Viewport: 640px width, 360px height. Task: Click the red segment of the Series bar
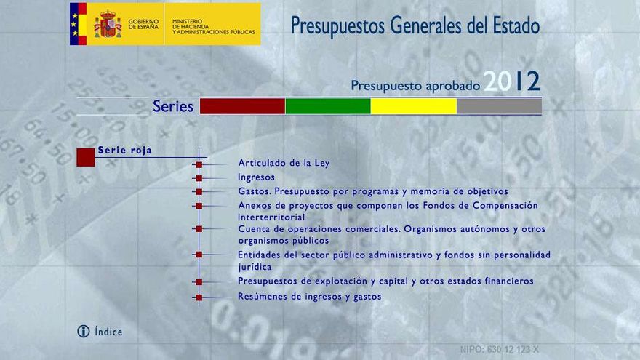[242, 106]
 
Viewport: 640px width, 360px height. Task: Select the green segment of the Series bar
[328, 106]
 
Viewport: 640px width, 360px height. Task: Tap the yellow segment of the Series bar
[414, 106]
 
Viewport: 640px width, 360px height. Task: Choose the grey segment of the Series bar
[499, 106]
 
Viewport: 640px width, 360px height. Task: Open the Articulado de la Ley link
[284, 163]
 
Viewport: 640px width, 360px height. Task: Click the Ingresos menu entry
[256, 177]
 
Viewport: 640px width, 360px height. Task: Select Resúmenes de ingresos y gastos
[309, 297]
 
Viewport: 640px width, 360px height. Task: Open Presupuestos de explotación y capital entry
[385, 281]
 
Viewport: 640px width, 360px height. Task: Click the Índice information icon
[83, 332]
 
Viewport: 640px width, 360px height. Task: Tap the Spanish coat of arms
[108, 24]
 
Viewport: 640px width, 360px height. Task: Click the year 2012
[512, 81]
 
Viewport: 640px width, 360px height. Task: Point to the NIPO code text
[499, 350]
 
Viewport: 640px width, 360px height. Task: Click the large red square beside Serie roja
[86, 158]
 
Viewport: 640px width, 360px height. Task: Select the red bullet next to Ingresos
[199, 178]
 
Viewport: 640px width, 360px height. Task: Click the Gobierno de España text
[143, 24]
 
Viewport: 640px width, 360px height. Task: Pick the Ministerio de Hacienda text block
[214, 26]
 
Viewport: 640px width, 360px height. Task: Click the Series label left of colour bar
[173, 106]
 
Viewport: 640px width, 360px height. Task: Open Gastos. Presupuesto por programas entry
[373, 192]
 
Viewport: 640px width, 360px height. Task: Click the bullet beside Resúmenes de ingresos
[199, 297]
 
